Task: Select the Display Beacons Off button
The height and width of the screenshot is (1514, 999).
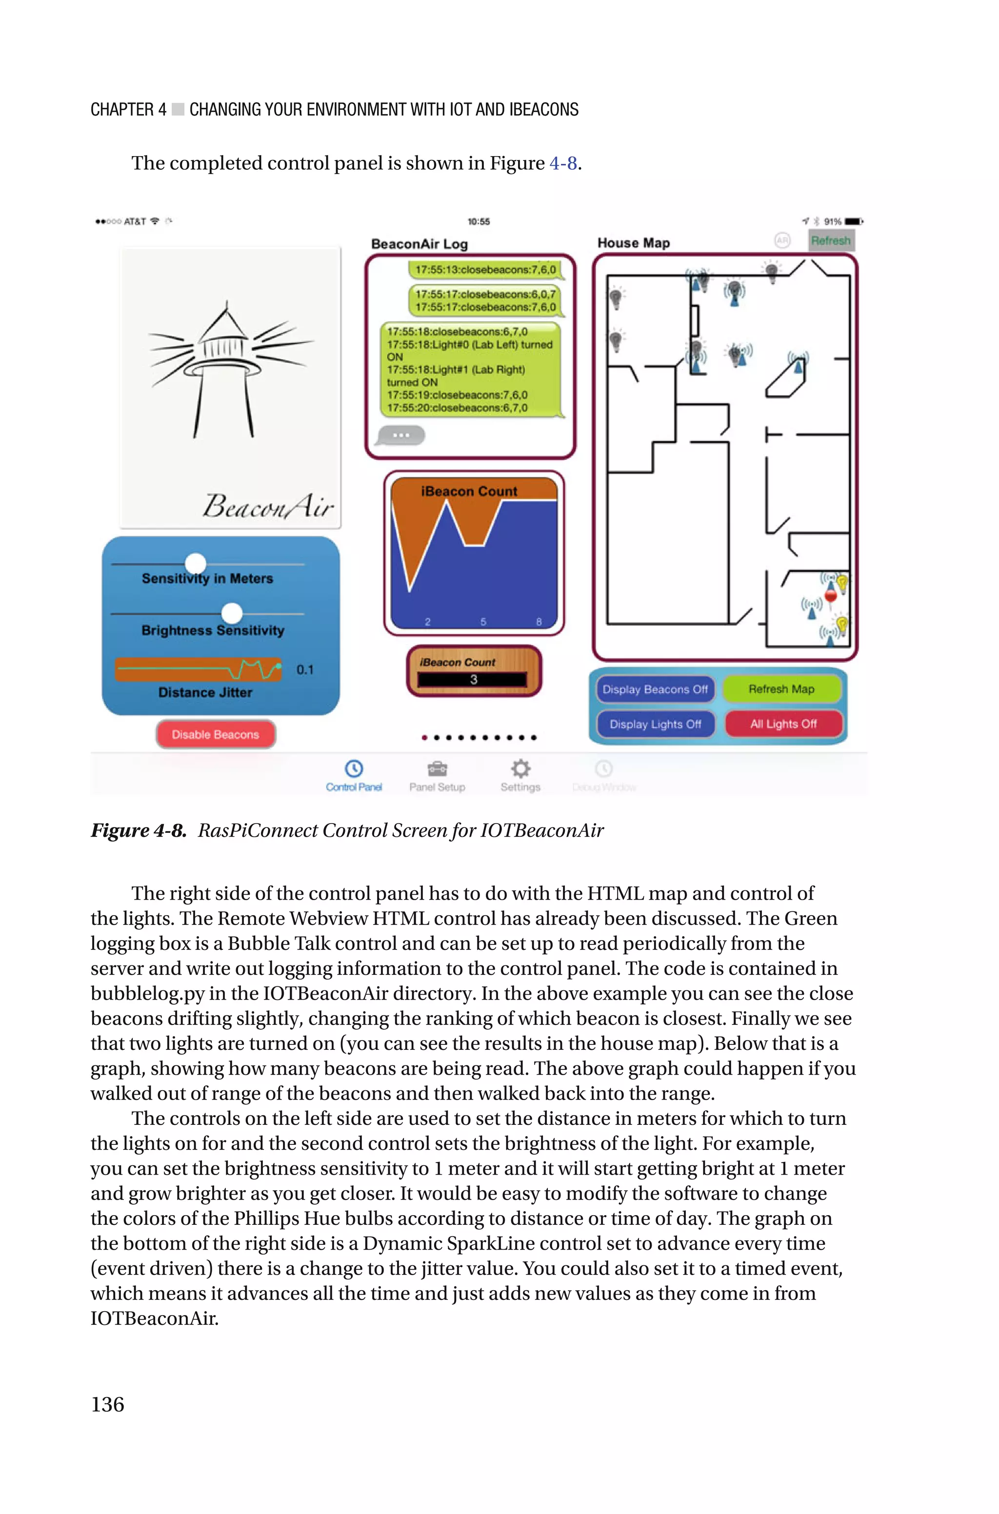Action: click(655, 689)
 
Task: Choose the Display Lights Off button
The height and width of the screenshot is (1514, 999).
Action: click(655, 724)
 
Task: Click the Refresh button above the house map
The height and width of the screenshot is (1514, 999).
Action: click(830, 241)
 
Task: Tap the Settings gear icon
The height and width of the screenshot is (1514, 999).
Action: click(520, 769)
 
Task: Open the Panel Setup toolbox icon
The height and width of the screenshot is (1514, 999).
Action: click(437, 769)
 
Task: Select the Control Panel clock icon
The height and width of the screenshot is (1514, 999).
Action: click(354, 769)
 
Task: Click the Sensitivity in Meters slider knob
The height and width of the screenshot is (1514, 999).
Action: click(196, 564)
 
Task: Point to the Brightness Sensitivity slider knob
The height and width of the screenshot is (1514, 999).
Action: click(232, 613)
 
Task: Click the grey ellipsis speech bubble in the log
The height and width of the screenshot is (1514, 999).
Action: click(401, 435)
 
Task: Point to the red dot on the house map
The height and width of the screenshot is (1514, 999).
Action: click(831, 596)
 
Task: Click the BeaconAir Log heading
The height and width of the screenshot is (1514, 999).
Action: click(419, 244)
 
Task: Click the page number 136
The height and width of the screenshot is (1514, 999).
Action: click(108, 1404)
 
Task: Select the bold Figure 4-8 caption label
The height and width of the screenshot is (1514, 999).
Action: click(138, 830)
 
